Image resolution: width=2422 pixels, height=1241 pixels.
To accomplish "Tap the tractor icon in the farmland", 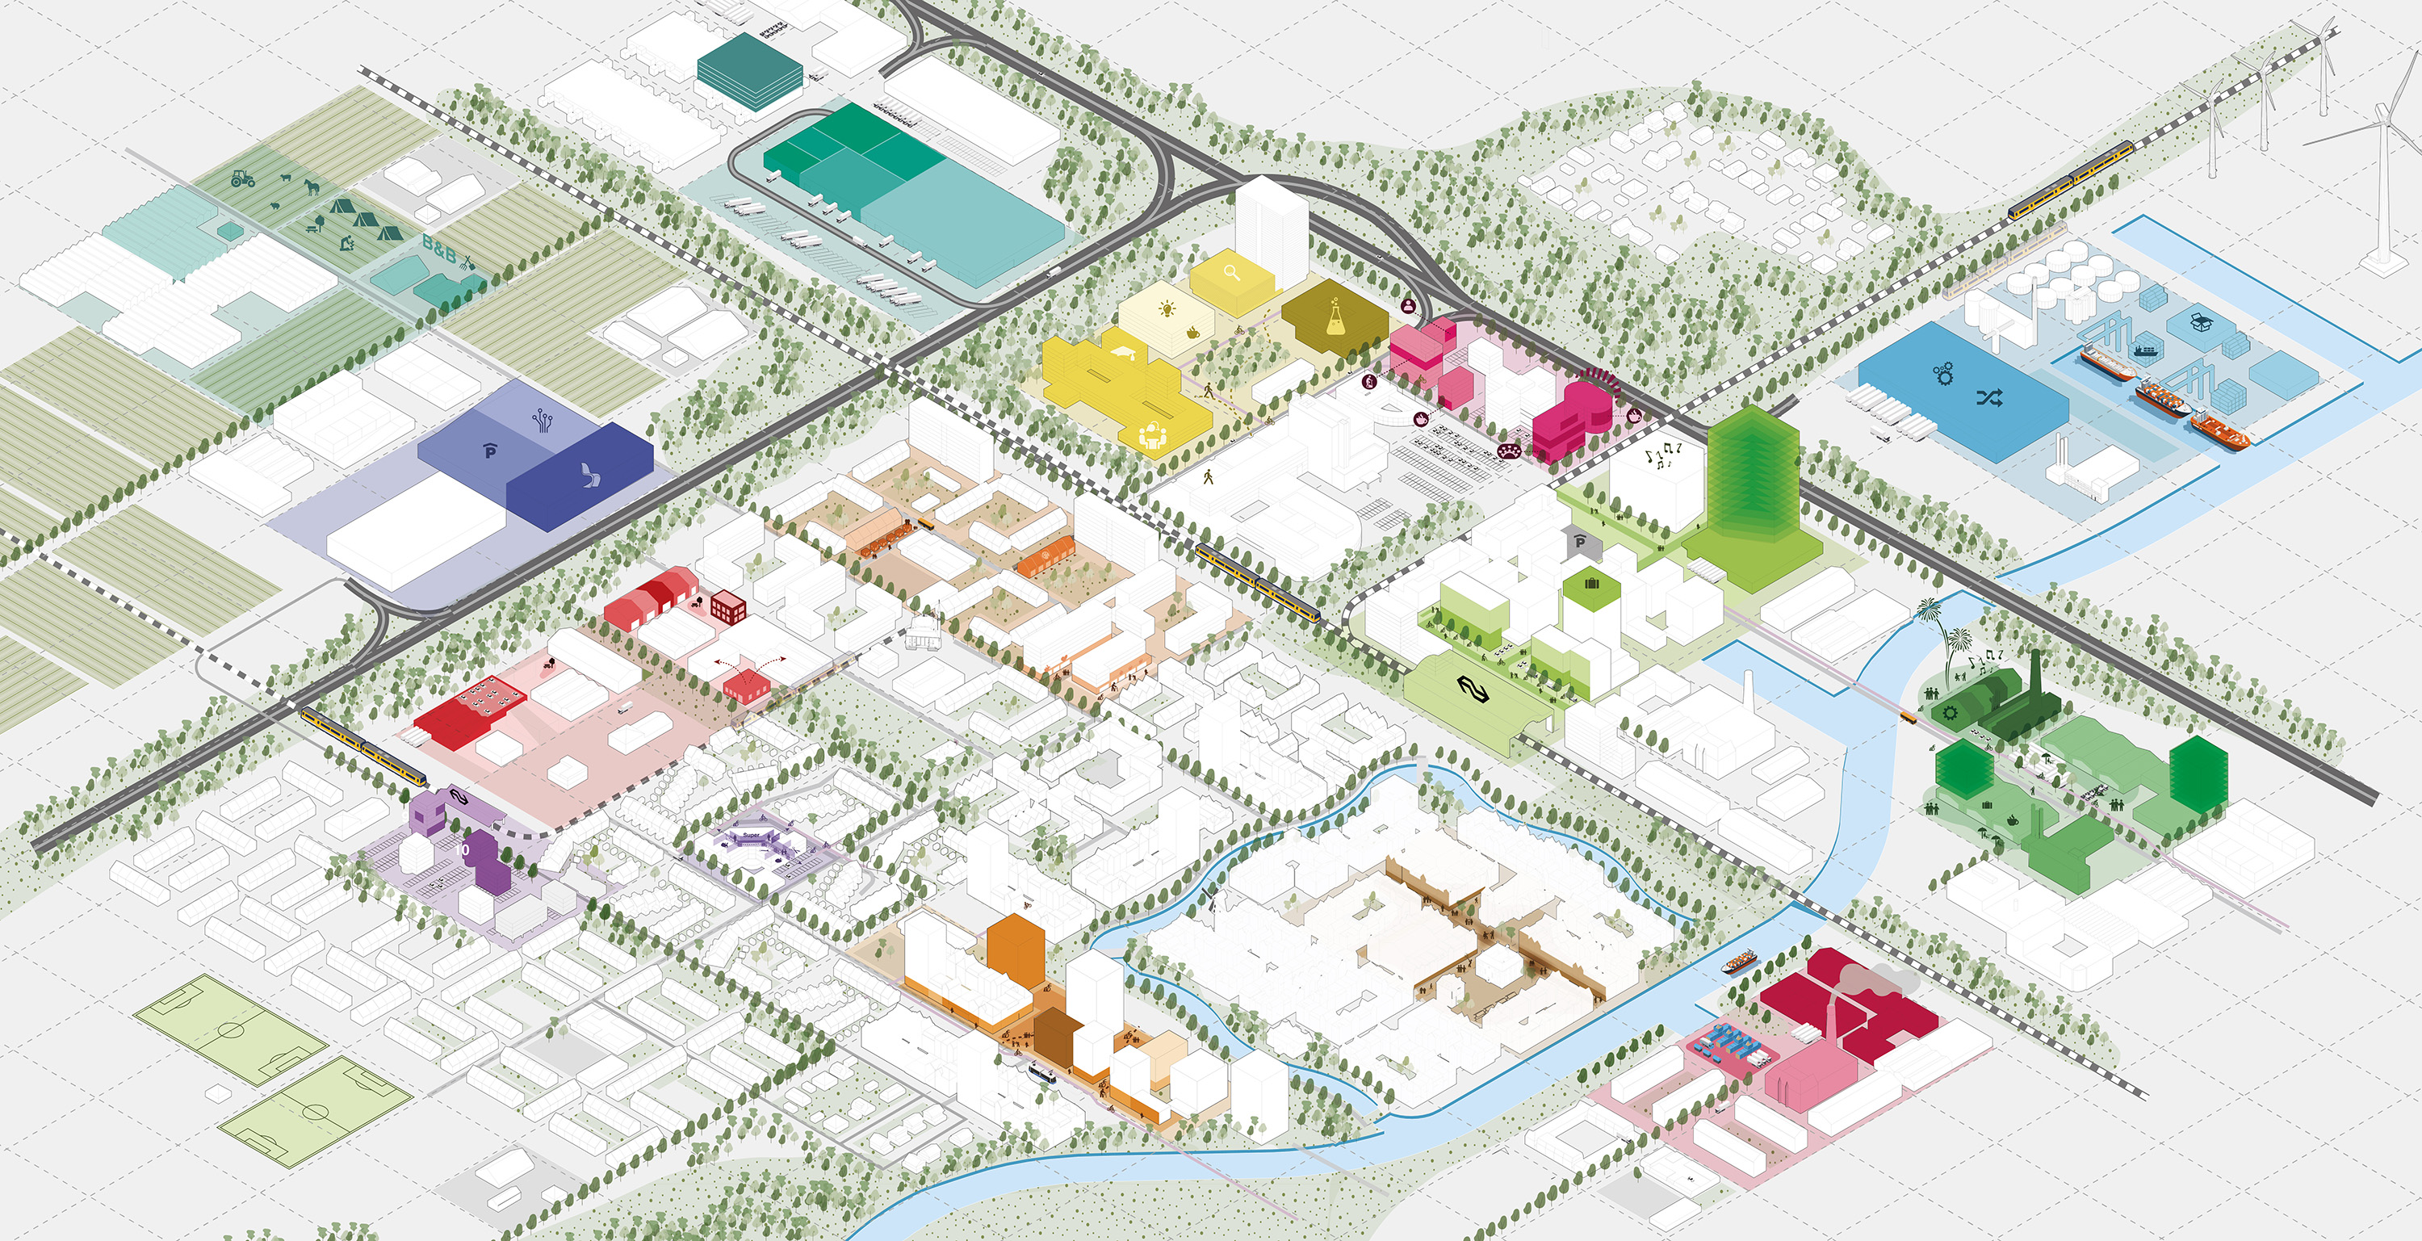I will pyautogui.click(x=242, y=177).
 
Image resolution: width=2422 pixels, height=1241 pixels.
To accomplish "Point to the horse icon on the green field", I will pyautogui.click(x=310, y=184).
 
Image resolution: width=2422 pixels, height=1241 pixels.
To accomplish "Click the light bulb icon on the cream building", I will pyautogui.click(x=1167, y=308).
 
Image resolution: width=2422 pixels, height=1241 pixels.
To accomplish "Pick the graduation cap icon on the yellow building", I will pyautogui.click(x=1124, y=354).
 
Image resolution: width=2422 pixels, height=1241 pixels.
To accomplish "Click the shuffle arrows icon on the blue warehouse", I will pyautogui.click(x=1988, y=398).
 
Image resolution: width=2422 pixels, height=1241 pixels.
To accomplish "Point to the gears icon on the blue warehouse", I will pyautogui.click(x=1942, y=373).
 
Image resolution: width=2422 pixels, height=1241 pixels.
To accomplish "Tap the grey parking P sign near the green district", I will pyautogui.click(x=1581, y=542).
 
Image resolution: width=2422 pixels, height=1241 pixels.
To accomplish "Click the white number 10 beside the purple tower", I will pyautogui.click(x=462, y=849).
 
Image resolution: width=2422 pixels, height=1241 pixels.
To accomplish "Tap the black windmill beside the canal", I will pyautogui.click(x=1211, y=897).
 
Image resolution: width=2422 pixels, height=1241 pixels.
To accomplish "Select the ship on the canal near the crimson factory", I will pyautogui.click(x=1741, y=962).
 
